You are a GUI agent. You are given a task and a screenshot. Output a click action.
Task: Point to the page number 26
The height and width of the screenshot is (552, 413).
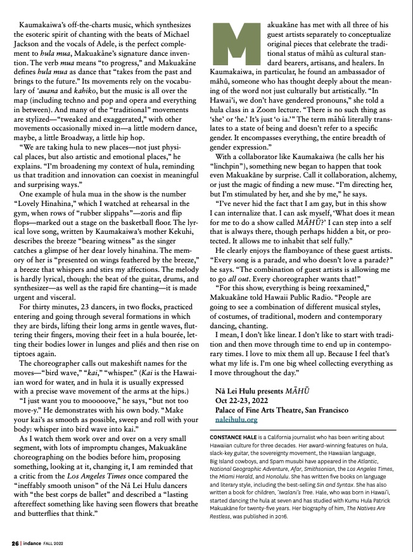(14, 543)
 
